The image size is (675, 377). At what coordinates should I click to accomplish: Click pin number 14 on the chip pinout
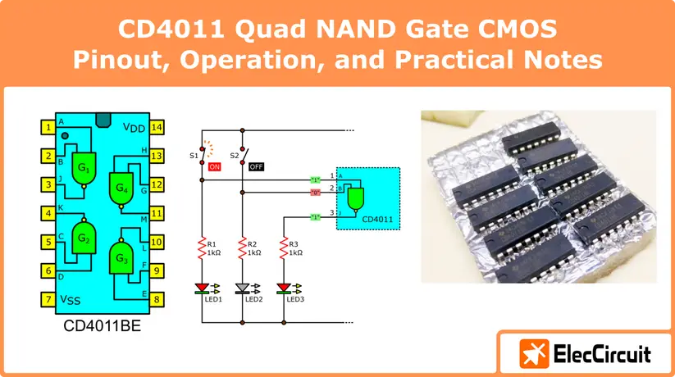point(157,127)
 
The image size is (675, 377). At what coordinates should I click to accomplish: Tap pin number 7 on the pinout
point(49,299)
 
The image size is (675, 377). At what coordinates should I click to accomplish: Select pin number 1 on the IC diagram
point(49,127)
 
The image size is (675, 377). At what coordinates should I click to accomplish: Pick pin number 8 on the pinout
point(157,299)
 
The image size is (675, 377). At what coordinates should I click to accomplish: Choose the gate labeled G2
point(85,239)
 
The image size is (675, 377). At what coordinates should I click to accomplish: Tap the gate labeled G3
point(121,259)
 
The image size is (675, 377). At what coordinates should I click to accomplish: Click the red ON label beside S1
point(215,166)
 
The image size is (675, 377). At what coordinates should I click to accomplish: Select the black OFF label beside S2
point(256,166)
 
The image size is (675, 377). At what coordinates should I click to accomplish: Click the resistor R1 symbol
point(202,248)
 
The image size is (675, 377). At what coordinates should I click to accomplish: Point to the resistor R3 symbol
point(284,248)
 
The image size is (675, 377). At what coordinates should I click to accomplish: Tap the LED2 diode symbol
point(243,288)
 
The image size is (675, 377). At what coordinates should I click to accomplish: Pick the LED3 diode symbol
point(284,288)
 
